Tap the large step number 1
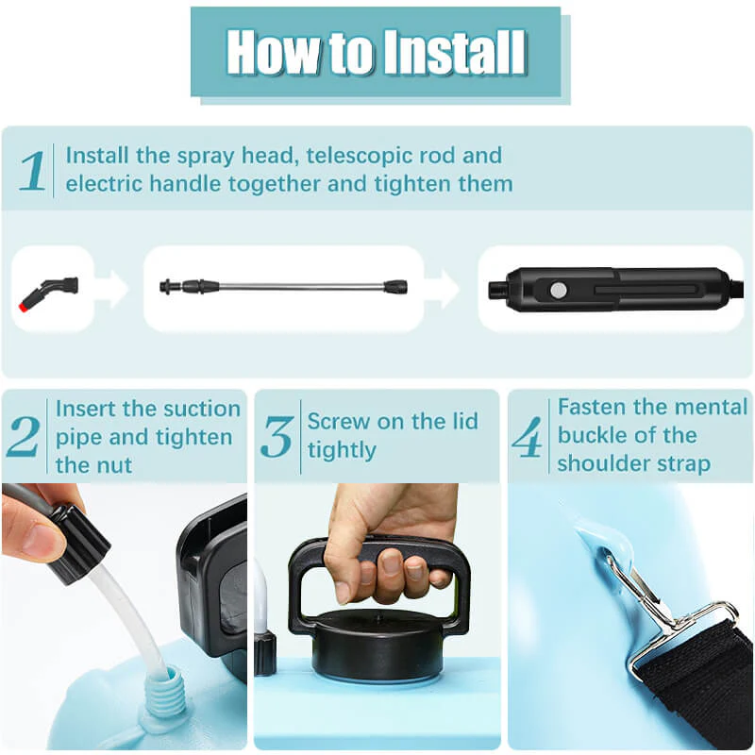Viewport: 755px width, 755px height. [x=33, y=171]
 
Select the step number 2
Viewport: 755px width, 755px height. [x=23, y=436]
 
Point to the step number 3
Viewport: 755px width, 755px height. [x=277, y=437]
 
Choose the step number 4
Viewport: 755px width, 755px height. [x=528, y=436]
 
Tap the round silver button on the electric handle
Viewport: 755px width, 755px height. [x=559, y=290]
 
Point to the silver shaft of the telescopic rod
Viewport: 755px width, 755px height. [x=301, y=287]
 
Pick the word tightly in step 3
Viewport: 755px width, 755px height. [x=342, y=450]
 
